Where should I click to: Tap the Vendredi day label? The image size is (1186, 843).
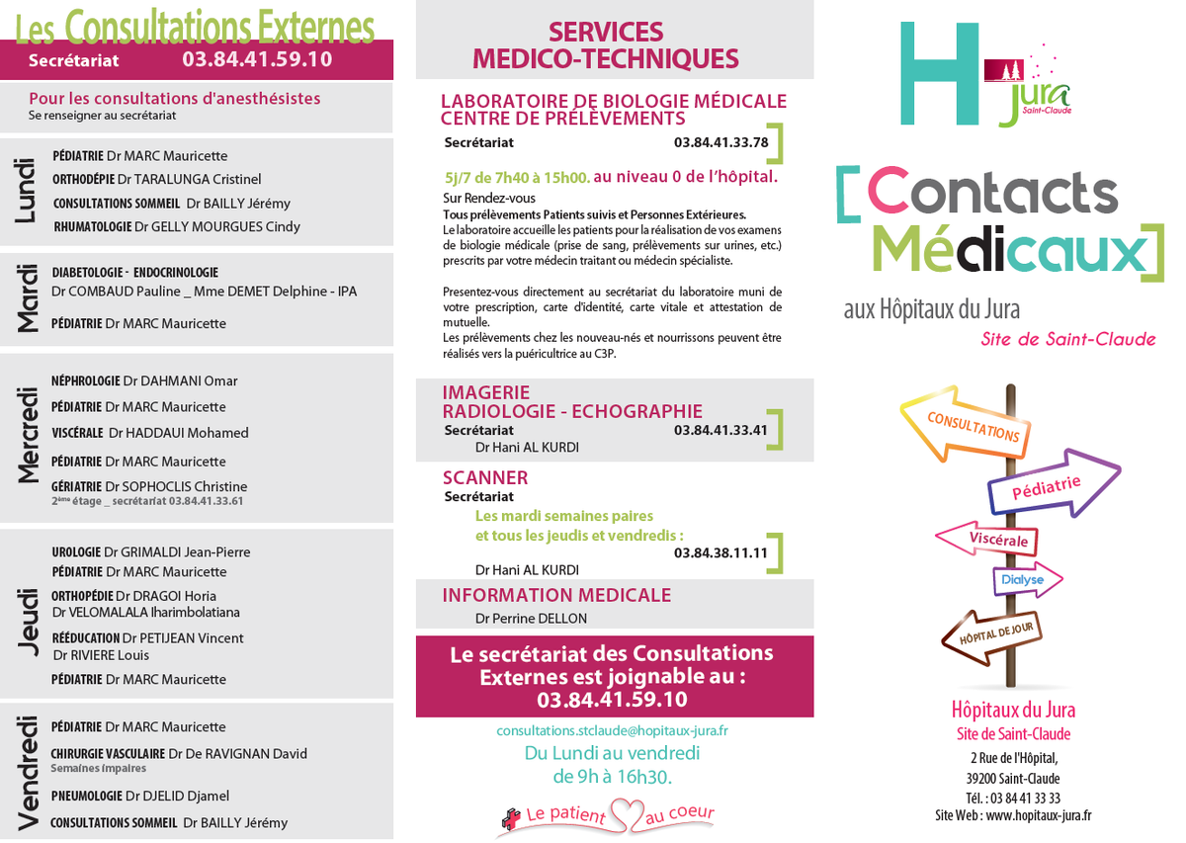click(x=28, y=772)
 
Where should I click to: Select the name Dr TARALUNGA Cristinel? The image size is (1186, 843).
click(x=189, y=180)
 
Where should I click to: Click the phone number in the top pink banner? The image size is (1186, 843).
click(x=257, y=59)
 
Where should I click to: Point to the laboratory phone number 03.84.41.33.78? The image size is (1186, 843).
click(x=720, y=142)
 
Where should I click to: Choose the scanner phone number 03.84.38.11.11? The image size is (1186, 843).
click(x=720, y=553)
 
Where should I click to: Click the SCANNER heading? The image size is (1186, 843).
click(x=485, y=478)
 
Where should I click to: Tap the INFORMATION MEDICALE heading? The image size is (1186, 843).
click(x=556, y=595)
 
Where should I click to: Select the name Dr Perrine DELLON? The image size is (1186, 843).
click(x=531, y=619)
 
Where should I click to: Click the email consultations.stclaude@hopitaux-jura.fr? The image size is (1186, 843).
click(x=612, y=731)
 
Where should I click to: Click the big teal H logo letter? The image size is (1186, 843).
click(x=937, y=73)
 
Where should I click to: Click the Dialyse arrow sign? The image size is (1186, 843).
click(x=1026, y=580)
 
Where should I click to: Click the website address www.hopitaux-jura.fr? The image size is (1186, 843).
click(x=1039, y=816)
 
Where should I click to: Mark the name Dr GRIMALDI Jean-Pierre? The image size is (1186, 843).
click(x=177, y=552)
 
